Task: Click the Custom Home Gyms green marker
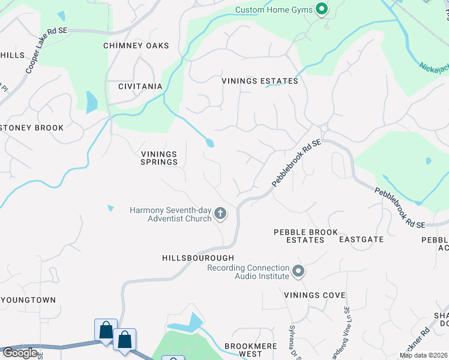[322, 9]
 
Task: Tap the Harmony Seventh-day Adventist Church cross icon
[221, 213]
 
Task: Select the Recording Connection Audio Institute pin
[298, 272]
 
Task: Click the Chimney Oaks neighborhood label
[136, 46]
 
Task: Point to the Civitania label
[140, 86]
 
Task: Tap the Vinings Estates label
[260, 81]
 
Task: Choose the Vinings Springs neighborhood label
[159, 157]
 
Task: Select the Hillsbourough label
[197, 257]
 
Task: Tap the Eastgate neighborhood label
[361, 239]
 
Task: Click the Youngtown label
[28, 300]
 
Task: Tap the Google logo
[20, 353]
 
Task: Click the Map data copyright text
[423, 355]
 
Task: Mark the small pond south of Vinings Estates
[209, 143]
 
